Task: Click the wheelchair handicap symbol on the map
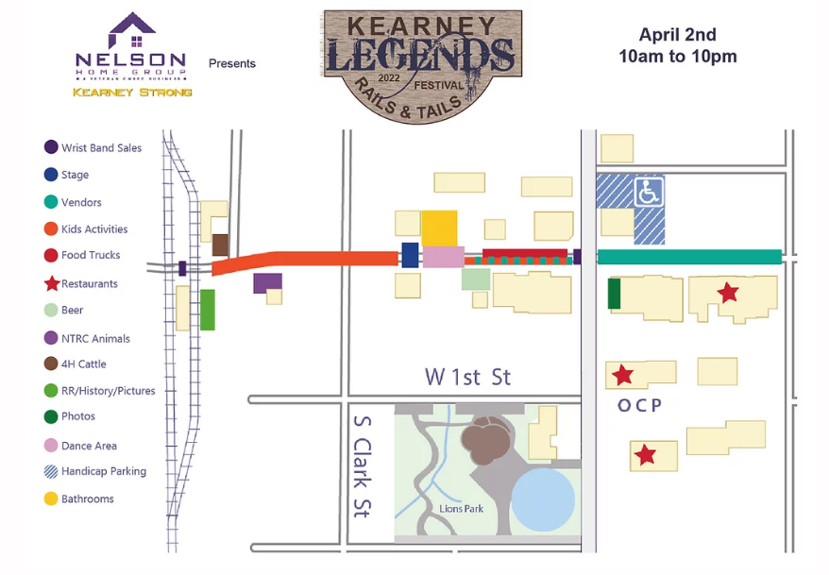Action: tap(648, 192)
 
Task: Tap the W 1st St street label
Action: tap(467, 377)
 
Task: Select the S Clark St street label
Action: tap(361, 465)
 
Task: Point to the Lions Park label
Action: tap(461, 509)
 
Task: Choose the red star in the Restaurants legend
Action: tap(51, 283)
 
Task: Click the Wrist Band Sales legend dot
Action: tap(51, 147)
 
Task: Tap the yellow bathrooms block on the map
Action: tap(439, 228)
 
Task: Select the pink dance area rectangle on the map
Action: tap(443, 257)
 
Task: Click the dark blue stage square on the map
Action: tap(410, 255)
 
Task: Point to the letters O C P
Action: tap(639, 406)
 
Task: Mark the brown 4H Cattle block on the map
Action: tap(220, 245)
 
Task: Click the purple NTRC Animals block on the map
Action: tap(266, 282)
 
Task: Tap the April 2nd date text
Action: tap(677, 35)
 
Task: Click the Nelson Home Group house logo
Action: tap(132, 32)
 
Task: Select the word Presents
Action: tap(232, 63)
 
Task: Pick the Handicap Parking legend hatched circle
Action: tap(51, 471)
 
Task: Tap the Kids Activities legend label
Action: tap(94, 229)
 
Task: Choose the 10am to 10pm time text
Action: tap(677, 57)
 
